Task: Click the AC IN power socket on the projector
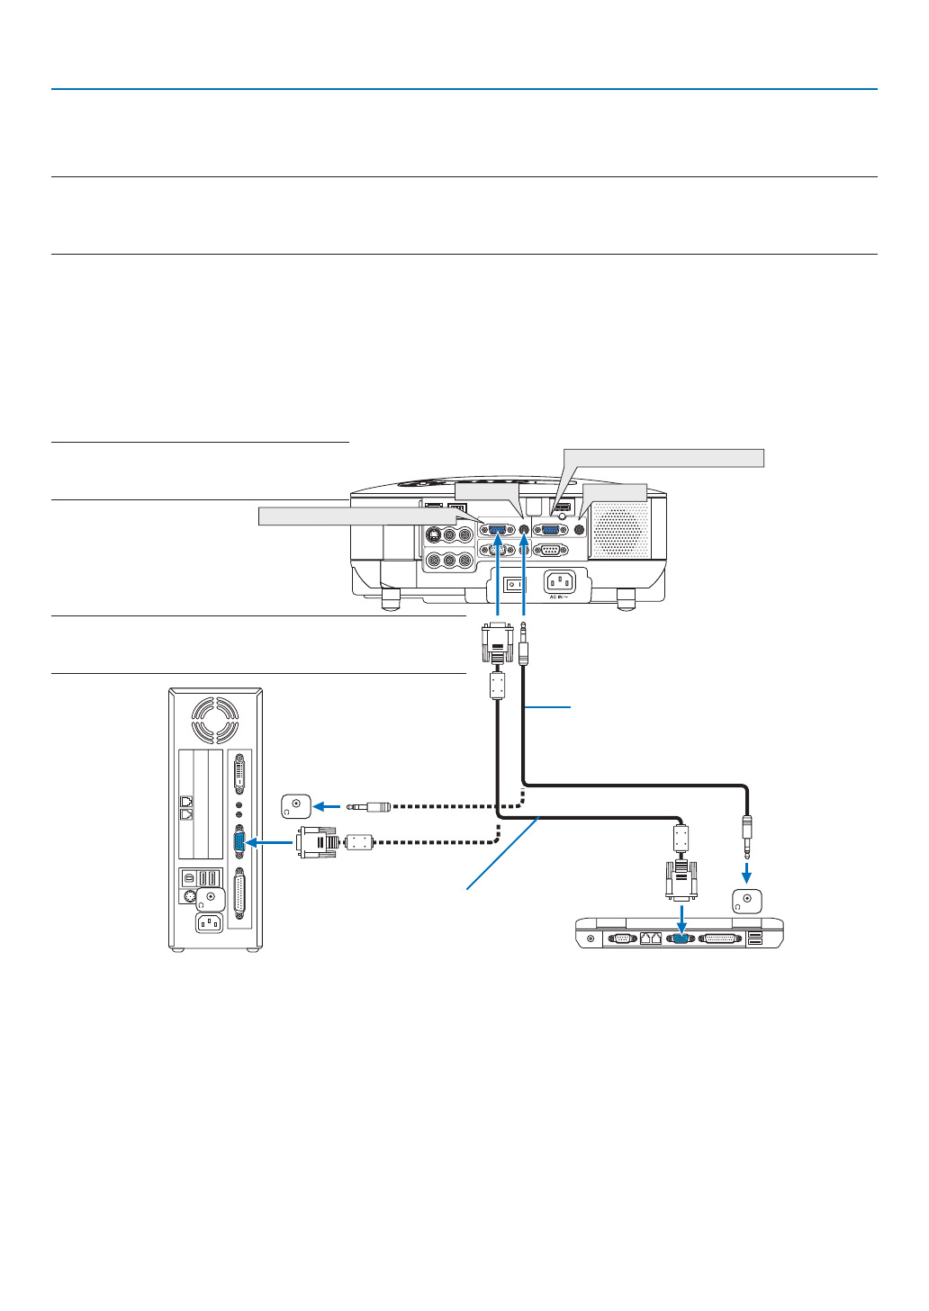click(559, 581)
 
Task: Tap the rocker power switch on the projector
click(514, 585)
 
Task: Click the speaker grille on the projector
click(619, 529)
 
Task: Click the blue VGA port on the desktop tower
click(239, 842)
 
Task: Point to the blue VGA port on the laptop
click(681, 938)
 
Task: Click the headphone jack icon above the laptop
click(747, 901)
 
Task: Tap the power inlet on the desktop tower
click(209, 924)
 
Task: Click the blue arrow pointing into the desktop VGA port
click(268, 842)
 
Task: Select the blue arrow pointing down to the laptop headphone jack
click(746, 873)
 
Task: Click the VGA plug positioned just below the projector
click(498, 642)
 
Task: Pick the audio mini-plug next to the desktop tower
click(369, 806)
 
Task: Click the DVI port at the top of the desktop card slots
click(239, 774)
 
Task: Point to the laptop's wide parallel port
click(719, 938)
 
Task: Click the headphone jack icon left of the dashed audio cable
click(296, 805)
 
